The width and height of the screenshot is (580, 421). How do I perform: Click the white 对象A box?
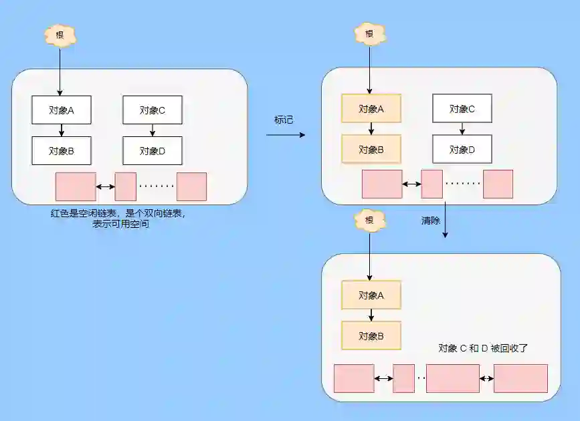[x=61, y=110]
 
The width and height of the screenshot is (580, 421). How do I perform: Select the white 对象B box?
[x=61, y=150]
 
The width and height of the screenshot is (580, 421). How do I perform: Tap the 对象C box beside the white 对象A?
[x=153, y=110]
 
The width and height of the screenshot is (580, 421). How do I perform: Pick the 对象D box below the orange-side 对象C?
[x=462, y=149]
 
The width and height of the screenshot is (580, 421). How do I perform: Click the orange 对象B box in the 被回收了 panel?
[x=371, y=335]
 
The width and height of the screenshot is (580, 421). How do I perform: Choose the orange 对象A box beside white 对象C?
[x=371, y=108]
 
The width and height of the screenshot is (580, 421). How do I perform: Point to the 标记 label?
[x=284, y=120]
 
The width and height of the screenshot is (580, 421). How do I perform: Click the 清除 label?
[x=431, y=220]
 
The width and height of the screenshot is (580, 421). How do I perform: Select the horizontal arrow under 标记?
[x=286, y=135]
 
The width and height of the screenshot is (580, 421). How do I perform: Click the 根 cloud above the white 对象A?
[x=60, y=35]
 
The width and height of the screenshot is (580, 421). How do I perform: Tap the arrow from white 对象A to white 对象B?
[x=61, y=130]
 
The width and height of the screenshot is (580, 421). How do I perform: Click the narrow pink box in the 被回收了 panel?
[x=404, y=378]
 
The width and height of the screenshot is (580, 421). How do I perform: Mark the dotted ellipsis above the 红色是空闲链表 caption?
[x=157, y=186]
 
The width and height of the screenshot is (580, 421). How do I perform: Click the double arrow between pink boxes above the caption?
[x=105, y=187]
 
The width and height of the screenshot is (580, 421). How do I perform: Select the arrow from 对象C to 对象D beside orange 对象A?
[x=462, y=128]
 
